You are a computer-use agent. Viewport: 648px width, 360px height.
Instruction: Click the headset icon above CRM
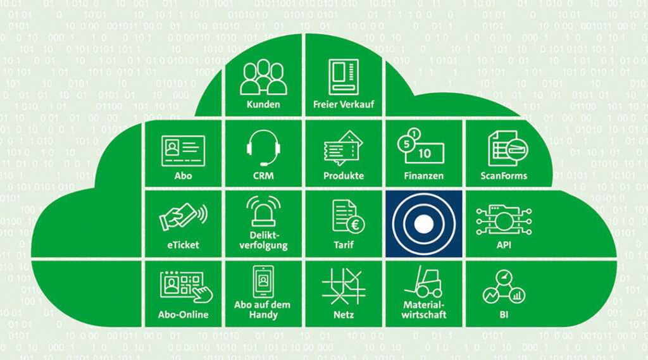pyautogui.click(x=263, y=147)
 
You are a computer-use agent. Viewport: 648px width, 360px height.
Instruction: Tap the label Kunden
pyautogui.click(x=263, y=104)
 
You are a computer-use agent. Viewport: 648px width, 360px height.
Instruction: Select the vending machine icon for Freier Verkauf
pyautogui.click(x=344, y=77)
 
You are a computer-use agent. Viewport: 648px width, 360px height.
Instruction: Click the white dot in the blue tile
pyautogui.click(x=423, y=224)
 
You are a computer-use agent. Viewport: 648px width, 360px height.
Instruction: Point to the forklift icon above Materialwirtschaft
pyautogui.click(x=423, y=282)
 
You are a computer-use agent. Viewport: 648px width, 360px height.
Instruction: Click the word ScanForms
pyautogui.click(x=504, y=176)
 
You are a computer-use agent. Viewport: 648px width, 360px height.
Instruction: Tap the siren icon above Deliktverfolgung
pyautogui.click(x=263, y=211)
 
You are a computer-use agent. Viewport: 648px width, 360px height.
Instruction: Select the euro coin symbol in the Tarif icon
pyautogui.click(x=355, y=225)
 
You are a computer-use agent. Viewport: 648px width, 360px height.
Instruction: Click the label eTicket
pyautogui.click(x=183, y=245)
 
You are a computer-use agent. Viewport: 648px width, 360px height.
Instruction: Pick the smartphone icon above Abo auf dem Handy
pyautogui.click(x=263, y=282)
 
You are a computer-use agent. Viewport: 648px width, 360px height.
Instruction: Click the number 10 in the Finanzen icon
pyautogui.click(x=425, y=154)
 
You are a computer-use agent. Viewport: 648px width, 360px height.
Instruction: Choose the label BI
pyautogui.click(x=504, y=315)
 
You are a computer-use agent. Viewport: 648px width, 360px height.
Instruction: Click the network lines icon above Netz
pyautogui.click(x=344, y=286)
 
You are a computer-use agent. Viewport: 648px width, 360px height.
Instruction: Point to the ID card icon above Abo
pyautogui.click(x=183, y=151)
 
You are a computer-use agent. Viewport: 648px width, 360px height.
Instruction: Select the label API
pyautogui.click(x=504, y=245)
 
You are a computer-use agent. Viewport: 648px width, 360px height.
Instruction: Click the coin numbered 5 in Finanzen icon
pyautogui.click(x=407, y=144)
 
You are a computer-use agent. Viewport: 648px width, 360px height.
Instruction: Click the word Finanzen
pyautogui.click(x=423, y=176)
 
